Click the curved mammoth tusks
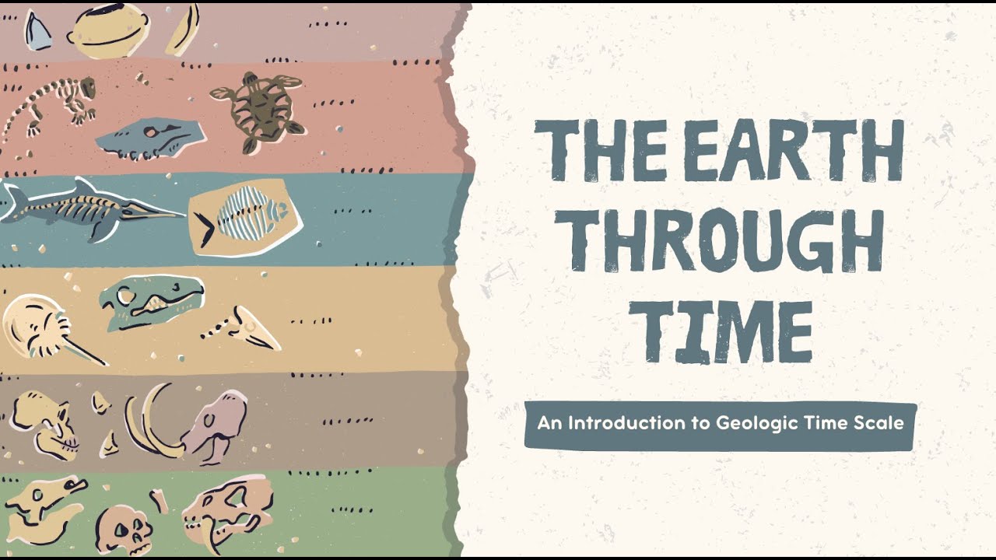[152, 420]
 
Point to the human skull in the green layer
[124, 529]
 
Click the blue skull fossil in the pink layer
[152, 138]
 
